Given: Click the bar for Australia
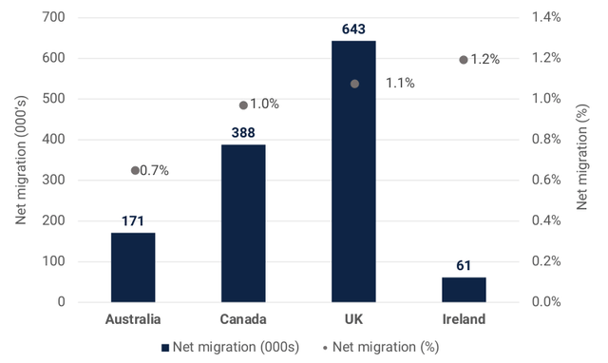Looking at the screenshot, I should click(x=133, y=267).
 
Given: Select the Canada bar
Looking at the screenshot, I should click(x=243, y=223).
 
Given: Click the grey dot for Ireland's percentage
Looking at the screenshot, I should click(x=464, y=60).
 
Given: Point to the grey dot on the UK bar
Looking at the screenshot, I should click(x=354, y=84).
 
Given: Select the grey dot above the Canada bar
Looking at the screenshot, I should click(x=243, y=105).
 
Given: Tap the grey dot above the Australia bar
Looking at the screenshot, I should click(x=135, y=171).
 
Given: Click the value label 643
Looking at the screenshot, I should click(x=353, y=29).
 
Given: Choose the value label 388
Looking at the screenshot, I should click(x=243, y=133).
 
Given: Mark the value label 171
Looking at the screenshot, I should click(x=133, y=221).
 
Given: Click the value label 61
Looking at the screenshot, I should click(x=464, y=266).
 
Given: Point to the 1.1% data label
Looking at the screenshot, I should click(x=400, y=84).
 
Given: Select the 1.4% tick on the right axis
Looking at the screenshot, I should click(x=546, y=17).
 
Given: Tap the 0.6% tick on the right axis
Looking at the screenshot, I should click(x=546, y=180).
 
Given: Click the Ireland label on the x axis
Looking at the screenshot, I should click(x=464, y=319).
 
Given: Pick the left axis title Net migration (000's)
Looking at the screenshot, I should click(x=21, y=160).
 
